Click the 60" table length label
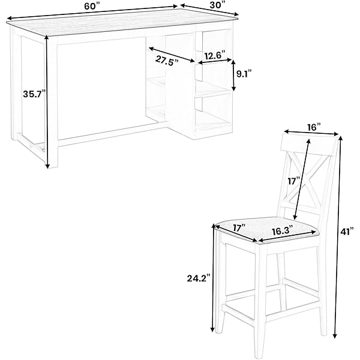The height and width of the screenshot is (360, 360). [92, 7]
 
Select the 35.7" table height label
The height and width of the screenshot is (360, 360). [34, 94]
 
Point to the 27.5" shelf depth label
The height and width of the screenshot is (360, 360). [167, 61]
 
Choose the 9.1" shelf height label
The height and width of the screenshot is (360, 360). [244, 74]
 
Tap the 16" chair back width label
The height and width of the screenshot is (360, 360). [314, 127]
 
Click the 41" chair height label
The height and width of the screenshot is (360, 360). [347, 232]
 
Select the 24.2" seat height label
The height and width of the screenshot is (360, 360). [199, 278]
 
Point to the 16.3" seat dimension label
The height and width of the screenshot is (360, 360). [283, 231]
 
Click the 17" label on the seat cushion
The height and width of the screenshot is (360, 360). [239, 228]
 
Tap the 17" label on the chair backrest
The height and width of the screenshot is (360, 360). [294, 181]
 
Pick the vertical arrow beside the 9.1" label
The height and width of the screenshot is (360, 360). [233, 76]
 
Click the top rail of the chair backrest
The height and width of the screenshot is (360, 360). [308, 143]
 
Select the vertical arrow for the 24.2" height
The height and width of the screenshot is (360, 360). [214, 278]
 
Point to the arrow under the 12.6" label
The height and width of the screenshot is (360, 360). [215, 61]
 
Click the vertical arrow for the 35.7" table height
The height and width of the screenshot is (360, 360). [47, 102]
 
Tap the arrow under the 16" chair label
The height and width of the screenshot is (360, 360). [311, 133]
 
